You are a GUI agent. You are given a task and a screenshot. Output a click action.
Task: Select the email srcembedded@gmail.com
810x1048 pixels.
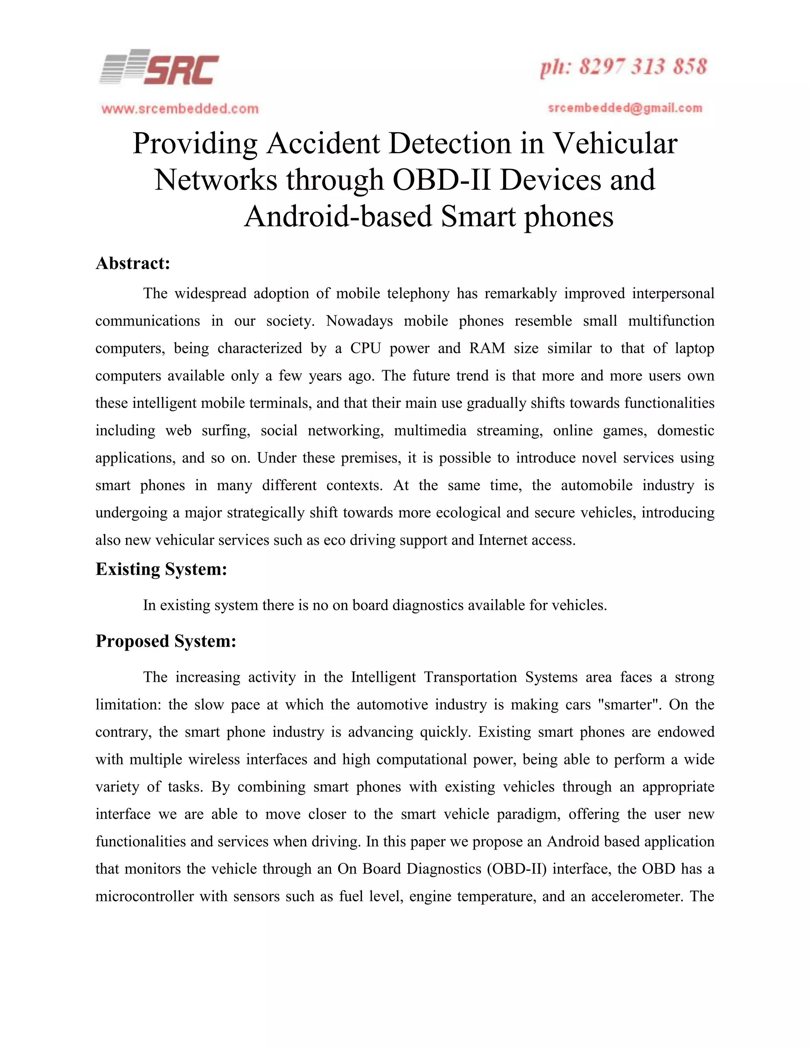pos(625,108)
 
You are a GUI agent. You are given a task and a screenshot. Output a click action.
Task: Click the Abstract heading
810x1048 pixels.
pos(133,263)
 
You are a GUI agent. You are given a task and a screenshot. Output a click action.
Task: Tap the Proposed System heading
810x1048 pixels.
pos(166,641)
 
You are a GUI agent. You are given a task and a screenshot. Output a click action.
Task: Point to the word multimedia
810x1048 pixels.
pos(430,430)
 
